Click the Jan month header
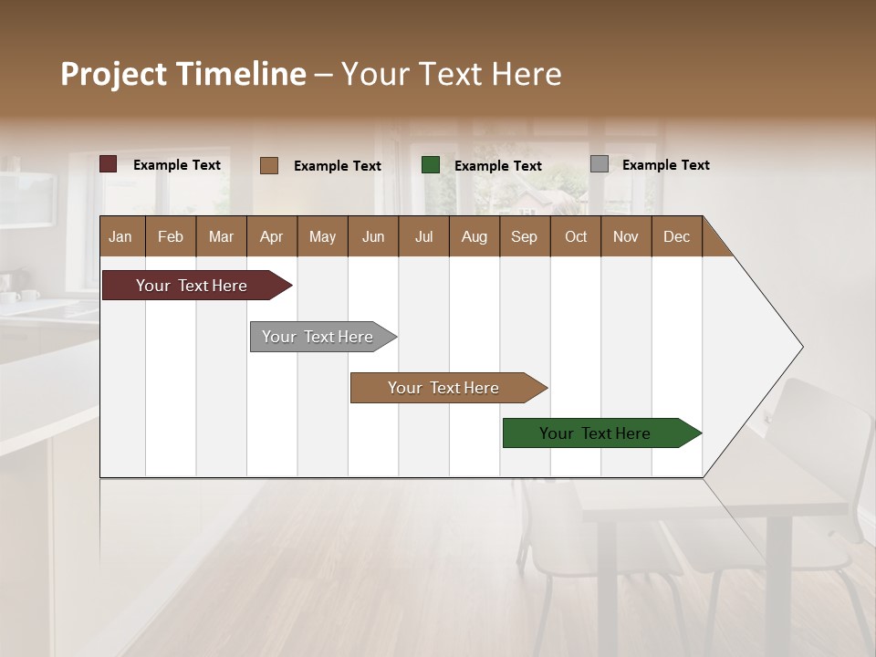point(120,237)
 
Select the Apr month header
point(271,237)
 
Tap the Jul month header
point(423,237)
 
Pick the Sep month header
point(524,237)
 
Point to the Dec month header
point(676,237)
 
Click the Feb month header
point(171,237)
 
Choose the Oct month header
point(576,237)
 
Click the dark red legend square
point(109,164)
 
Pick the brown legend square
point(269,165)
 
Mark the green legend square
point(431,165)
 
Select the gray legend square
point(600,164)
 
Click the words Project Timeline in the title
point(183,74)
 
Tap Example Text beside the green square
point(498,166)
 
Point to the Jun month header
point(373,237)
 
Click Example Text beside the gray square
point(666,165)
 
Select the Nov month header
point(626,237)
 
